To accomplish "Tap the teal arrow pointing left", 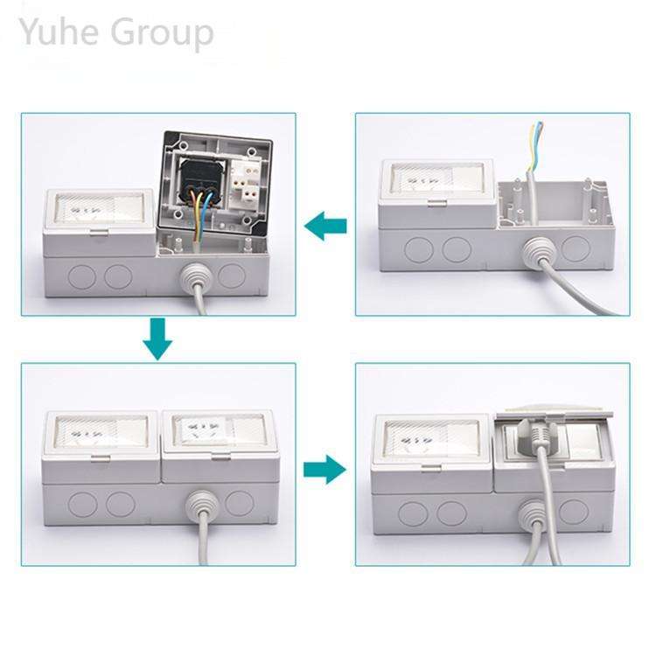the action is (x=325, y=227).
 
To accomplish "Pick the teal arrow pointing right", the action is (x=325, y=470).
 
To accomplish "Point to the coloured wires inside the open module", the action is (x=199, y=210).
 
